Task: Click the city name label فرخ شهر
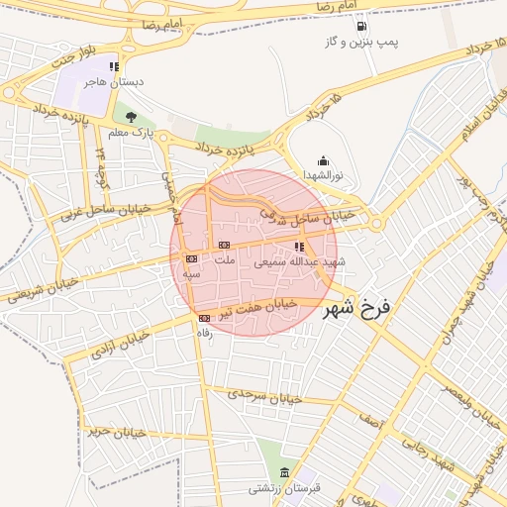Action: point(356,308)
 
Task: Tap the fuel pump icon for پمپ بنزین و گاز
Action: point(360,26)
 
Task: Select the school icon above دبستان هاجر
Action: point(126,65)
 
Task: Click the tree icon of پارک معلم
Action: point(131,116)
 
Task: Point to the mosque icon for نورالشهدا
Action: point(322,160)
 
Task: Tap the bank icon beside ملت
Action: point(224,245)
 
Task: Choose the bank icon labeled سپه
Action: point(191,258)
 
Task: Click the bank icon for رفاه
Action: point(204,318)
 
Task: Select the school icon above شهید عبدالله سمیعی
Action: point(299,247)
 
